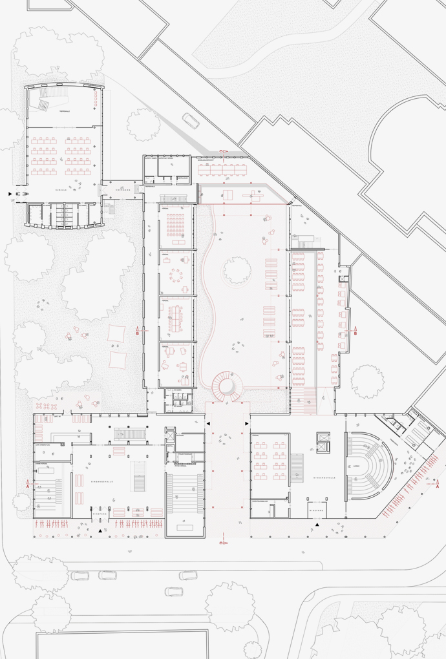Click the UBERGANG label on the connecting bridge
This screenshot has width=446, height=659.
pos(123,191)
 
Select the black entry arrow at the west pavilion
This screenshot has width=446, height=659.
pos(9,193)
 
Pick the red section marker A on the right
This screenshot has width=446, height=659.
pos(438,483)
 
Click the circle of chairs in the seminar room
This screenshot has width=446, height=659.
pos(176,276)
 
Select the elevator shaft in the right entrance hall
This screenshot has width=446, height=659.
pos(321,443)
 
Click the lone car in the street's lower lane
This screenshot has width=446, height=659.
pos(173,591)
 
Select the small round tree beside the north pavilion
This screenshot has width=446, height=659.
pos(143,124)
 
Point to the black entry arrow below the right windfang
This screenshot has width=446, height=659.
pos(317,526)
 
